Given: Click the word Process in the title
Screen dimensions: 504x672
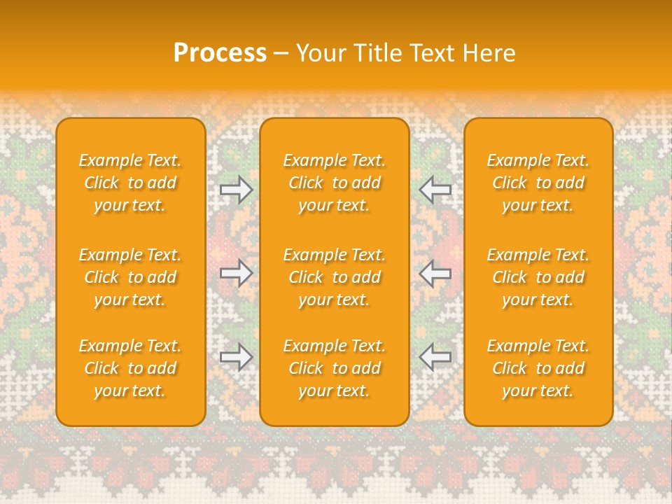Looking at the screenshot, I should pyautogui.click(x=220, y=53).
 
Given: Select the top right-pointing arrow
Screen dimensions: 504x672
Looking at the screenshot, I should pyautogui.click(x=237, y=189).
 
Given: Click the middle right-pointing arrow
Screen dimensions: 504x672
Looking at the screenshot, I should pyautogui.click(x=237, y=273).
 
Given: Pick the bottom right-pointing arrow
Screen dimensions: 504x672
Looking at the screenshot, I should pyautogui.click(x=237, y=357).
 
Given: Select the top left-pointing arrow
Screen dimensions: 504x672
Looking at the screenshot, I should pyautogui.click(x=435, y=189).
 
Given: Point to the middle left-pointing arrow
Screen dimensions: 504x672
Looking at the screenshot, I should pyautogui.click(x=435, y=273).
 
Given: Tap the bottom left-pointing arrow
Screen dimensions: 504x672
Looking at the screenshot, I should pyautogui.click(x=435, y=357).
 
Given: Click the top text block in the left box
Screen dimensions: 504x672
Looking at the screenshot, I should pyautogui.click(x=130, y=183).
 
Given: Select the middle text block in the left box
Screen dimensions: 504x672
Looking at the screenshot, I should pyautogui.click(x=130, y=277).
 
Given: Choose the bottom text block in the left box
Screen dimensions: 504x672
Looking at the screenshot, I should pyautogui.click(x=130, y=368).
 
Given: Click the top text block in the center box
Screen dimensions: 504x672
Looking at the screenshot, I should pyautogui.click(x=335, y=183).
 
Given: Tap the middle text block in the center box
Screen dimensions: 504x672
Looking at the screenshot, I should pyautogui.click(x=335, y=277).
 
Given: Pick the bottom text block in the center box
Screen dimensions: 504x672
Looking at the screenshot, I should pyautogui.click(x=335, y=368).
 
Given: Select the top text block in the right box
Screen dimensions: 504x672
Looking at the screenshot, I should pyautogui.click(x=538, y=183).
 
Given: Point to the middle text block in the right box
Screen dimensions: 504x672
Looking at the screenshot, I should pyautogui.click(x=538, y=277).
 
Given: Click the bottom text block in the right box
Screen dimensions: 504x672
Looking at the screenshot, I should pyautogui.click(x=538, y=368).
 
